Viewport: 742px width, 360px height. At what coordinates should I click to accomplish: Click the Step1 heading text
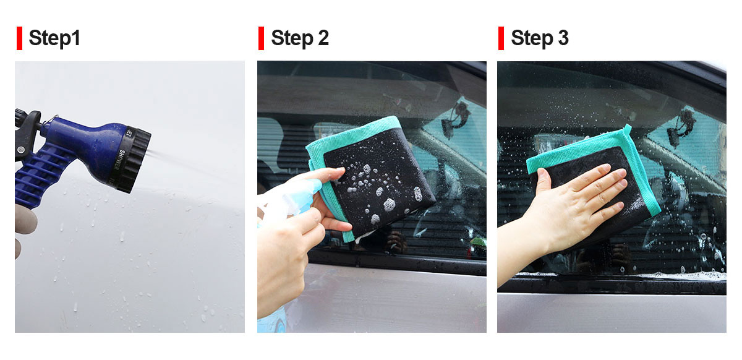[54, 38]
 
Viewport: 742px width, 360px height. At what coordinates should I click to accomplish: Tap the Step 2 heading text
[300, 38]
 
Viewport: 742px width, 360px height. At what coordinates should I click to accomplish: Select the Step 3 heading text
[540, 38]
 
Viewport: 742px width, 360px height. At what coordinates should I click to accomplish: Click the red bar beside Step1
[20, 38]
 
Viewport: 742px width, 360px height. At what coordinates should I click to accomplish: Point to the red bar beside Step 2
[262, 38]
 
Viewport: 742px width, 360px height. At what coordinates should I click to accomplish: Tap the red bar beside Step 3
[501, 38]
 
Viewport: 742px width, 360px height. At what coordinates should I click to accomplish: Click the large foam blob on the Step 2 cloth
[390, 205]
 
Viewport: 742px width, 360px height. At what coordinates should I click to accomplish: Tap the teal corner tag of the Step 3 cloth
[627, 130]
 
